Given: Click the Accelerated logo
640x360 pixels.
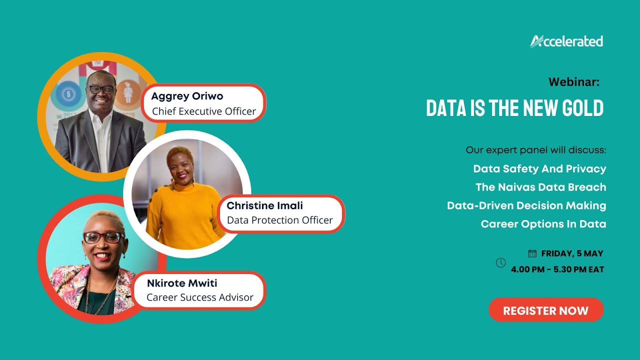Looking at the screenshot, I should point(566,41).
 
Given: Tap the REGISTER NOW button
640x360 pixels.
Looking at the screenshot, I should point(546,310).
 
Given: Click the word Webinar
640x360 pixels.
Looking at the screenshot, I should point(573,82).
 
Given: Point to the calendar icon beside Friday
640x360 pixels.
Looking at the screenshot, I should point(532,253).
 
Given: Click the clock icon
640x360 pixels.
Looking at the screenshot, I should point(500,262).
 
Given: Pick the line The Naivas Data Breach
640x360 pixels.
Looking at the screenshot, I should point(540,187).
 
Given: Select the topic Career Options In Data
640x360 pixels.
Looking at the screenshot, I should point(543,224).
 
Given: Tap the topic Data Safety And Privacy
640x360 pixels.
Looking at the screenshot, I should point(539,168).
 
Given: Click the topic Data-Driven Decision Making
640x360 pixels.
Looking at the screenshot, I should point(526,205).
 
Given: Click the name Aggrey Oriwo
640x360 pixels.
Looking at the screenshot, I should point(187,96).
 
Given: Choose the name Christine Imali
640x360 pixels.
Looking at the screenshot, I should point(264,205).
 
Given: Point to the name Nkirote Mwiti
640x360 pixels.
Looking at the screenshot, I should point(182,283).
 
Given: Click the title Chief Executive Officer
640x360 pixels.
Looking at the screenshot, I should point(204,111).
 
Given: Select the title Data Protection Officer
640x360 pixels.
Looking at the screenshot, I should point(279,220).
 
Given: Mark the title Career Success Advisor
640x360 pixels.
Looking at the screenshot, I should point(200,297).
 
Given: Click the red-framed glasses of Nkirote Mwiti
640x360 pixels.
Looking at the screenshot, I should point(103,237).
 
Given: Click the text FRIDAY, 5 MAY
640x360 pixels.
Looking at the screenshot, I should point(572,253).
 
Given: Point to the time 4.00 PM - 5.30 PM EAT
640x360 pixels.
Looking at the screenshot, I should point(557,269).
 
